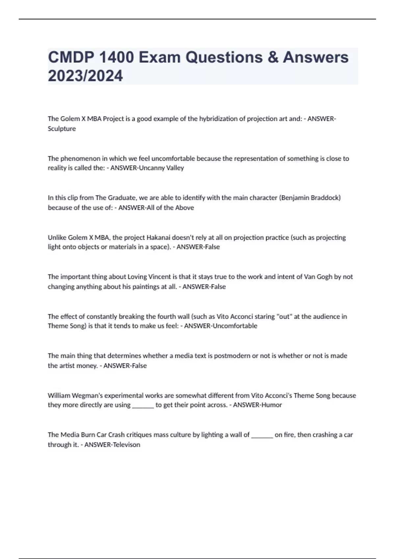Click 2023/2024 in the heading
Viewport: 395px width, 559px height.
point(85,76)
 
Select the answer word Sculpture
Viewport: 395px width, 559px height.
point(62,129)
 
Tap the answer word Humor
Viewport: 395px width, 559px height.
point(271,405)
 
